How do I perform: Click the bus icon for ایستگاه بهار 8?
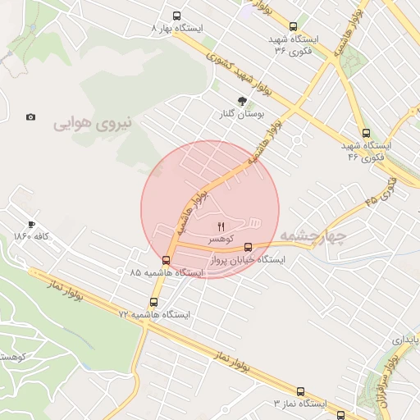(177, 16)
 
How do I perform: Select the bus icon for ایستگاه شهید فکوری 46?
(366, 134)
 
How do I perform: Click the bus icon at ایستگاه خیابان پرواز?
(249, 246)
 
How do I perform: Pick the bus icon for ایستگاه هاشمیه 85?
(156, 260)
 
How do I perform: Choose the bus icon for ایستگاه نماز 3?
(300, 392)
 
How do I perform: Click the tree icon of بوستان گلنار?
(242, 101)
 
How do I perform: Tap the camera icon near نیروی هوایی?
(31, 117)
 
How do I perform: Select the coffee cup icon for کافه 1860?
(31, 224)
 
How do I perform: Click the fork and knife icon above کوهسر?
(219, 226)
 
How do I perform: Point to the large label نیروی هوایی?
(93, 125)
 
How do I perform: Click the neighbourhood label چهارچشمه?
(313, 236)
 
